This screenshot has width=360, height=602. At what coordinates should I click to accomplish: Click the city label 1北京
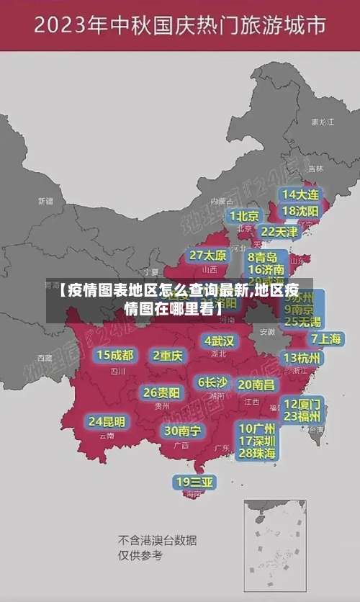click(244, 216)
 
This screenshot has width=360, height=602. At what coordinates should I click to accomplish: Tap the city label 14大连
click(300, 194)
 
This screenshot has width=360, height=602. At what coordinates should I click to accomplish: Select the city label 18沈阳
click(300, 211)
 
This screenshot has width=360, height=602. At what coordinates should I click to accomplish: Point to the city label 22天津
click(279, 232)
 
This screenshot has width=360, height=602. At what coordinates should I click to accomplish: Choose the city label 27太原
click(208, 256)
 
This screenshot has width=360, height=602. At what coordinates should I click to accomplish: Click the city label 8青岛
click(263, 257)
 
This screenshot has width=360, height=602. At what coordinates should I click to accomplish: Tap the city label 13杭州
click(303, 358)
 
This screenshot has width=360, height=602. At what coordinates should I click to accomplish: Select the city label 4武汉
click(219, 341)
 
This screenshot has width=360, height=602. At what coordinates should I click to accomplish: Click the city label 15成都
click(115, 355)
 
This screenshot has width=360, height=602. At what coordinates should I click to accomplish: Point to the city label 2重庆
click(168, 355)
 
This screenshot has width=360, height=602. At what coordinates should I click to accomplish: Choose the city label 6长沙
click(212, 382)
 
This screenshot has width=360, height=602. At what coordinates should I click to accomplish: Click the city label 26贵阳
click(162, 393)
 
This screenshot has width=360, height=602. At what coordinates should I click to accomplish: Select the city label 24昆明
click(107, 421)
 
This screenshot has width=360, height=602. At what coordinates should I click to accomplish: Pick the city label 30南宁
click(182, 431)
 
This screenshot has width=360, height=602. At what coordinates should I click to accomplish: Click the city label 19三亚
click(194, 482)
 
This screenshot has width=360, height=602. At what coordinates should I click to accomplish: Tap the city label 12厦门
click(302, 403)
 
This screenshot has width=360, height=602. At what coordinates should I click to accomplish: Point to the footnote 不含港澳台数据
click(158, 541)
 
